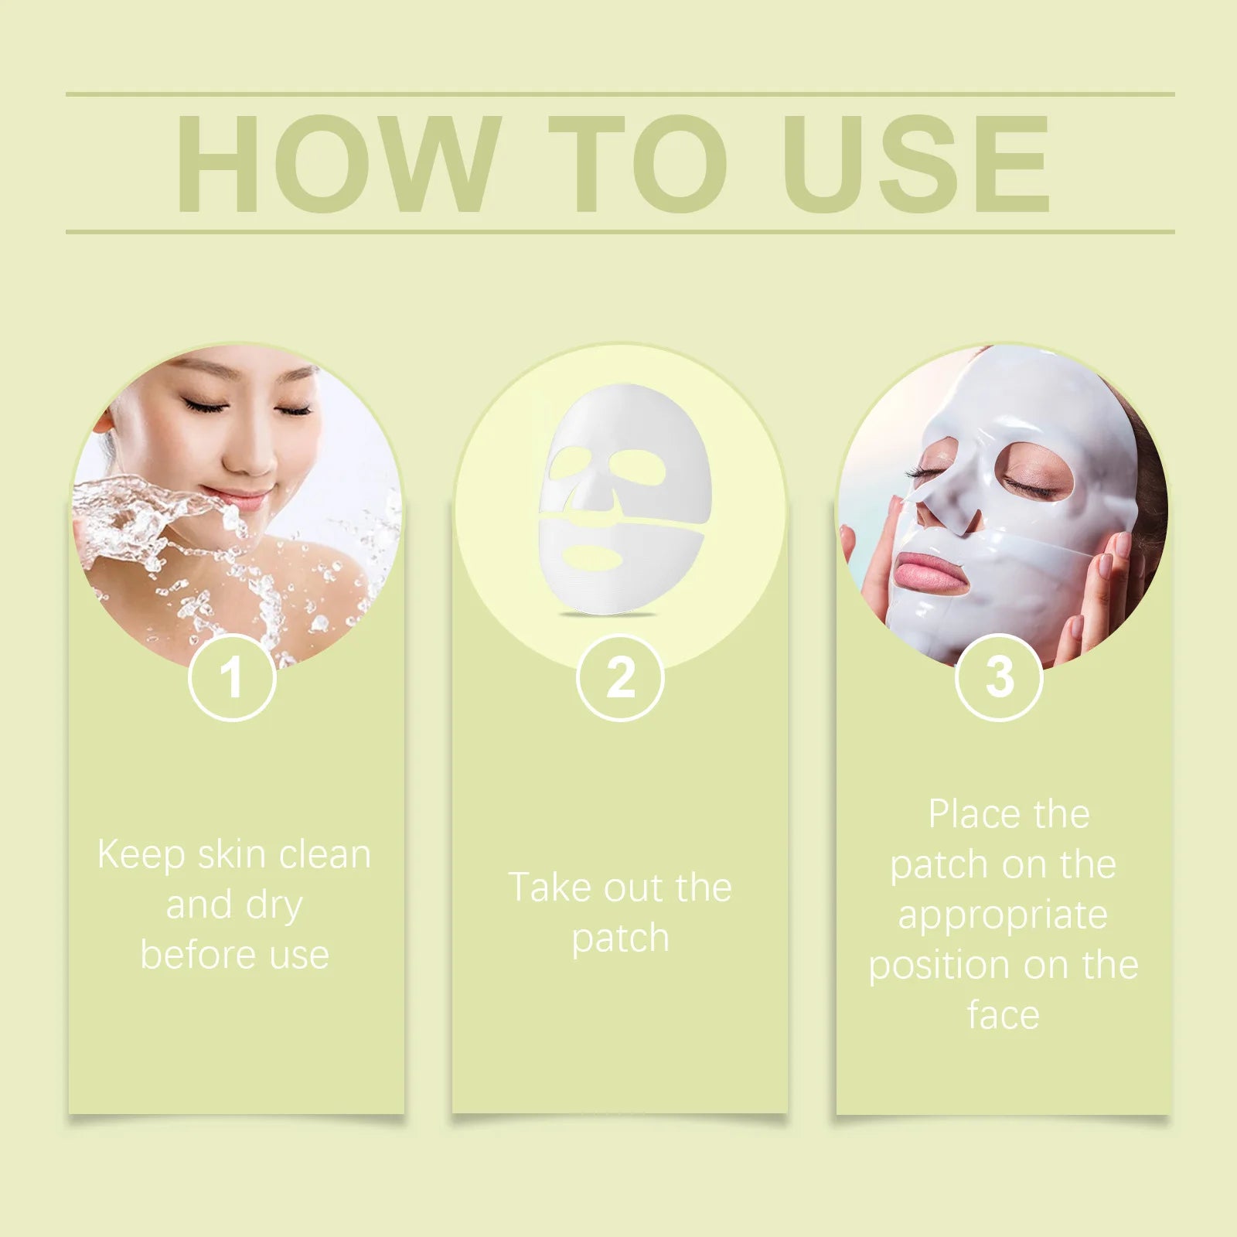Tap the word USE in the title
point(916,163)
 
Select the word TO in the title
point(639,163)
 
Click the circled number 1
point(232,677)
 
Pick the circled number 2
point(620,677)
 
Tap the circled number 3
point(999,677)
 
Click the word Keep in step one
point(141,855)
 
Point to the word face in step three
point(1003,1015)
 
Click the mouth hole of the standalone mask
point(593,557)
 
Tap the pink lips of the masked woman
point(925,571)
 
